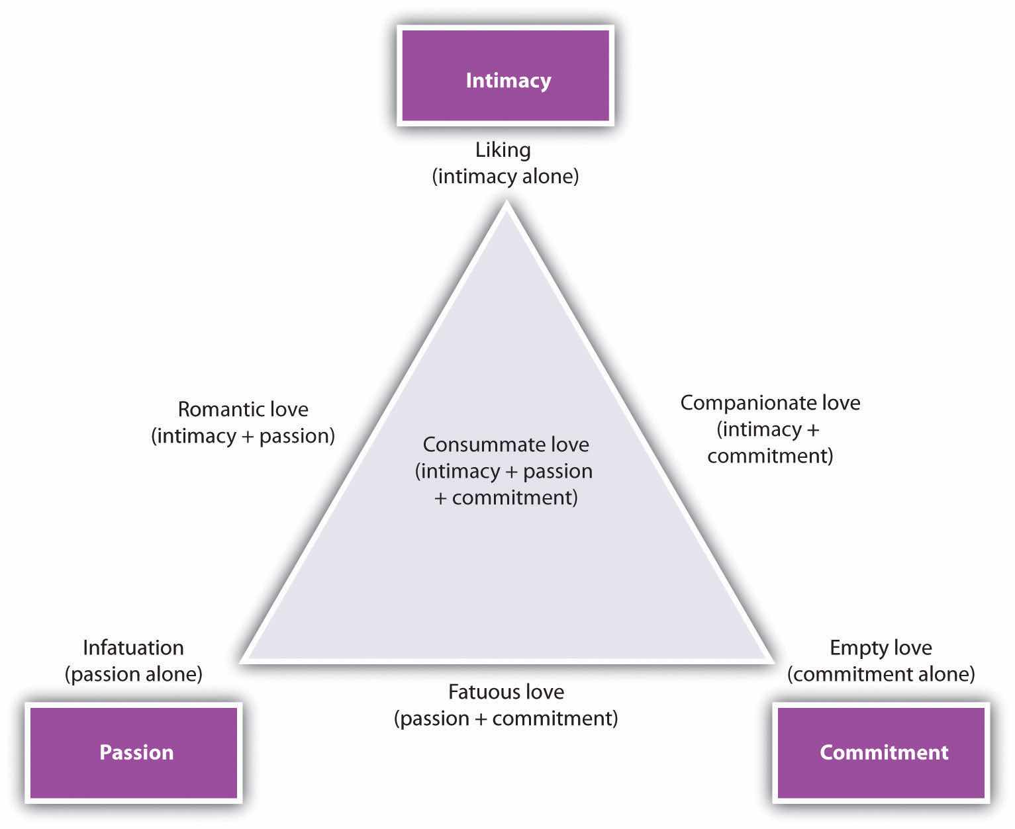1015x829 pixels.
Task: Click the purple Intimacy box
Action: (505, 75)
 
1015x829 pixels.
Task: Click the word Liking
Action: (503, 150)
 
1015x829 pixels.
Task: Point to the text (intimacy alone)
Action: (505, 177)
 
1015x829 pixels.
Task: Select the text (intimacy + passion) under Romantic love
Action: (243, 436)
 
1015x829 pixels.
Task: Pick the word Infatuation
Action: (133, 647)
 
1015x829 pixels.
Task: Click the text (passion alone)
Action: (133, 674)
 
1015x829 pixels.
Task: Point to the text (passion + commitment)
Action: (506, 719)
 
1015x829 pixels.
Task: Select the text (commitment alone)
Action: (881, 674)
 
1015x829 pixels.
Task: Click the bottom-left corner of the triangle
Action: (242, 659)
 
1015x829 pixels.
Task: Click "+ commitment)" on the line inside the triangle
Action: (506, 498)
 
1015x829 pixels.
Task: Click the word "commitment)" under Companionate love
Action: (770, 456)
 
